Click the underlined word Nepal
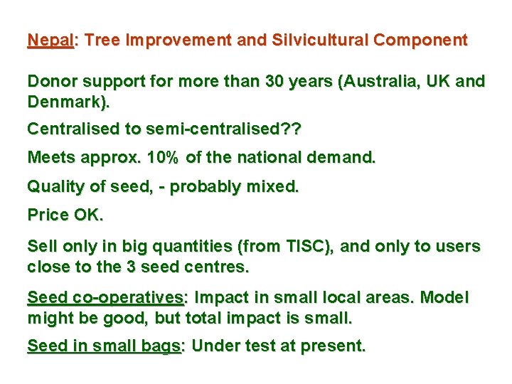(50, 41)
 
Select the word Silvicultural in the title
(317, 41)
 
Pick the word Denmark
(68, 102)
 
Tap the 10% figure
(165, 158)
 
